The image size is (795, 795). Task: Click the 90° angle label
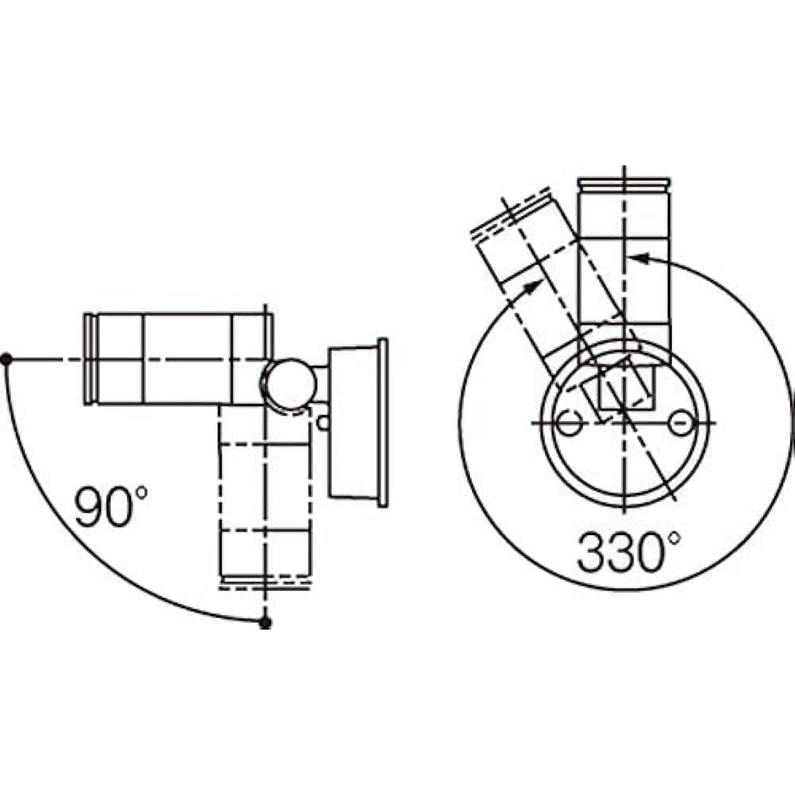click(111, 506)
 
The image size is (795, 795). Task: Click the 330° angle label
click(628, 552)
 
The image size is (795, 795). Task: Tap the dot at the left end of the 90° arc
click(6, 359)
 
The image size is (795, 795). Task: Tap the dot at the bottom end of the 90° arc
click(265, 622)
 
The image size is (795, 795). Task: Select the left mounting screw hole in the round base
click(569, 422)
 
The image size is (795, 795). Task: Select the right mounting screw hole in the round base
click(681, 422)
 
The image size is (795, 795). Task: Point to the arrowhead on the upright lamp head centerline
click(639, 258)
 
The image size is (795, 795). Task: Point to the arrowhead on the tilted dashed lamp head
click(533, 288)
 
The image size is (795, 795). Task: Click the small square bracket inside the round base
click(627, 387)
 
